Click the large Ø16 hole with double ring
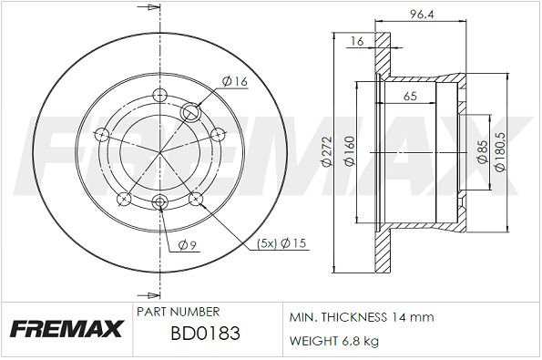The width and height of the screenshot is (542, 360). pyautogui.click(x=192, y=113)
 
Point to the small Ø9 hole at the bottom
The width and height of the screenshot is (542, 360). pyautogui.click(x=160, y=201)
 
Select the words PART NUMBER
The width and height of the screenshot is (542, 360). pyautogui.click(x=177, y=312)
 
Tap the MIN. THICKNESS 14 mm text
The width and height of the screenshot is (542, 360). pyautogui.click(x=361, y=317)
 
